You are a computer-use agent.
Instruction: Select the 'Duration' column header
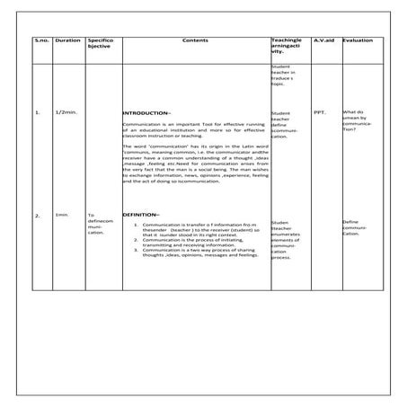(x=67, y=41)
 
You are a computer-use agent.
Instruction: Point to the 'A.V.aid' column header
(x=323, y=41)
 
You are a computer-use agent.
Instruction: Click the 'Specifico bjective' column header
(x=98, y=45)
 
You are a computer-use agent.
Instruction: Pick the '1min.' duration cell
(x=62, y=216)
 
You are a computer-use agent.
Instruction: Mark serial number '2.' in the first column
(x=37, y=216)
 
